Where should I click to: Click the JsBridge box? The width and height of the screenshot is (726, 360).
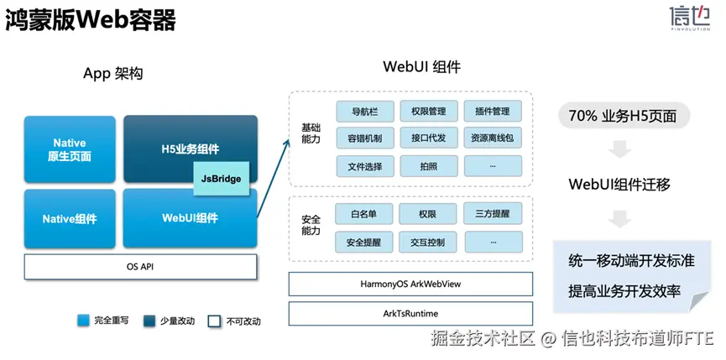222,178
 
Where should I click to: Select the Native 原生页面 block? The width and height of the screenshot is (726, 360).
70,149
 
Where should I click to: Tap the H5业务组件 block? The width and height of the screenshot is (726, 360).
191,149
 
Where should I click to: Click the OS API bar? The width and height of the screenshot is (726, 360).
140,267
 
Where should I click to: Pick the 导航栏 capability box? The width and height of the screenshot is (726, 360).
365,112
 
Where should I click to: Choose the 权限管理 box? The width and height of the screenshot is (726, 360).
429,112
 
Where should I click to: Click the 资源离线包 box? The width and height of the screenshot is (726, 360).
493,138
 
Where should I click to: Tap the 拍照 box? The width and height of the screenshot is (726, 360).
429,166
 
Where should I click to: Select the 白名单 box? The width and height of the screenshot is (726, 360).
364,214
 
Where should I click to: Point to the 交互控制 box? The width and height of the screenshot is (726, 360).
427,242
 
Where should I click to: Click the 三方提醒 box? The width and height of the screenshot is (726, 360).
493,214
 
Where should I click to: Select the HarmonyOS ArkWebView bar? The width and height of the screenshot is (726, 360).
410,284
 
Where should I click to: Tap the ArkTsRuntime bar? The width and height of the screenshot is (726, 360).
410,314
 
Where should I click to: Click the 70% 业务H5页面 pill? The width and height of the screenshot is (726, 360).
624,116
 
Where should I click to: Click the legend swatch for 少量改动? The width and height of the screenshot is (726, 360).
149,321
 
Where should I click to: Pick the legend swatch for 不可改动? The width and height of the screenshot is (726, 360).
214,321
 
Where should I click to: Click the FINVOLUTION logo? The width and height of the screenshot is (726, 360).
689,18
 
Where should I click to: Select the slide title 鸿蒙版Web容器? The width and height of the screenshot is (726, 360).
91,21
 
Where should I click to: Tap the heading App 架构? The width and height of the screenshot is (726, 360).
113,74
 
